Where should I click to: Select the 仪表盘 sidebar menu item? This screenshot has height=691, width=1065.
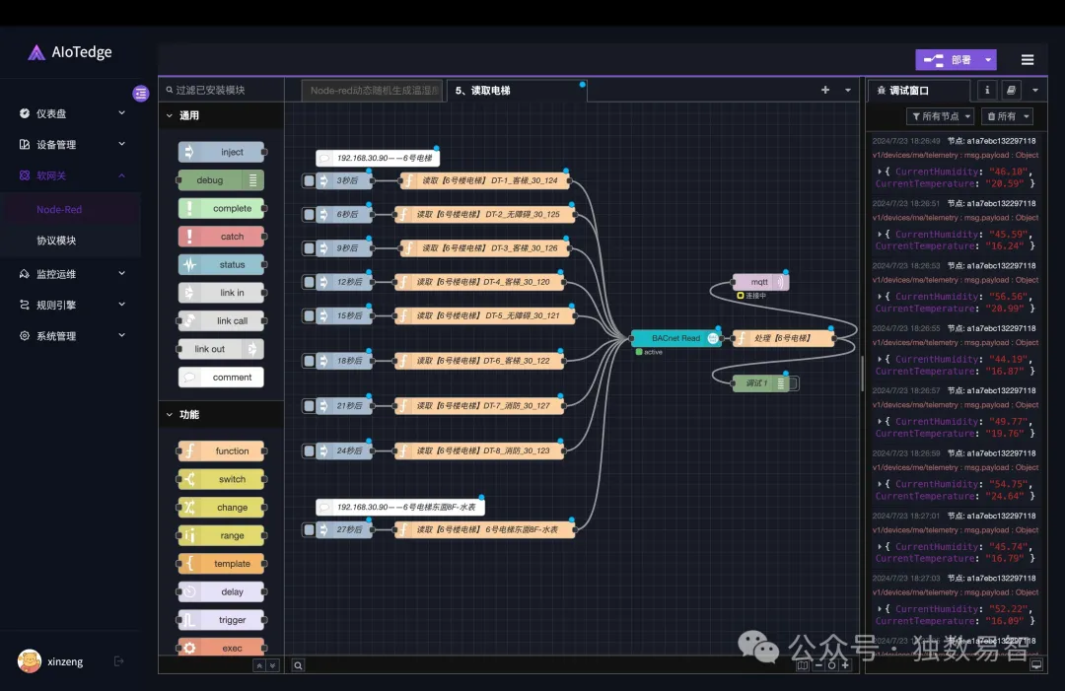click(51, 113)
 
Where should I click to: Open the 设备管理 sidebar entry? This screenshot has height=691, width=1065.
click(56, 145)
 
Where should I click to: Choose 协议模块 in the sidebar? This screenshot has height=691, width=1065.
click(56, 241)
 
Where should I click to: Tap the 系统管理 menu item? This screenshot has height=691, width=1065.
click(56, 336)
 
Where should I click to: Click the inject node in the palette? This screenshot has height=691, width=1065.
click(222, 152)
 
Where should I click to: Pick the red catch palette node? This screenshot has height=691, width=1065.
click(222, 237)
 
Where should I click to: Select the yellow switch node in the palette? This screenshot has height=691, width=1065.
click(222, 479)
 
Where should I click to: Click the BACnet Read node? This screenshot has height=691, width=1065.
click(674, 338)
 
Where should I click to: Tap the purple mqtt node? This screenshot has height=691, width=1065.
click(759, 282)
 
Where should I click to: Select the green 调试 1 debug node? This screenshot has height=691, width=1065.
click(757, 382)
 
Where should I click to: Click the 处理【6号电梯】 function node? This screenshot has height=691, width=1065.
click(783, 338)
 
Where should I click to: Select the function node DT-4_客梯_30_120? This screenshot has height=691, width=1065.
click(483, 282)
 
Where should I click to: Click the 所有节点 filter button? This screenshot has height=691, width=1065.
click(940, 116)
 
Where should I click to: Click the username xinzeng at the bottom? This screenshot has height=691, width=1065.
click(65, 661)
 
